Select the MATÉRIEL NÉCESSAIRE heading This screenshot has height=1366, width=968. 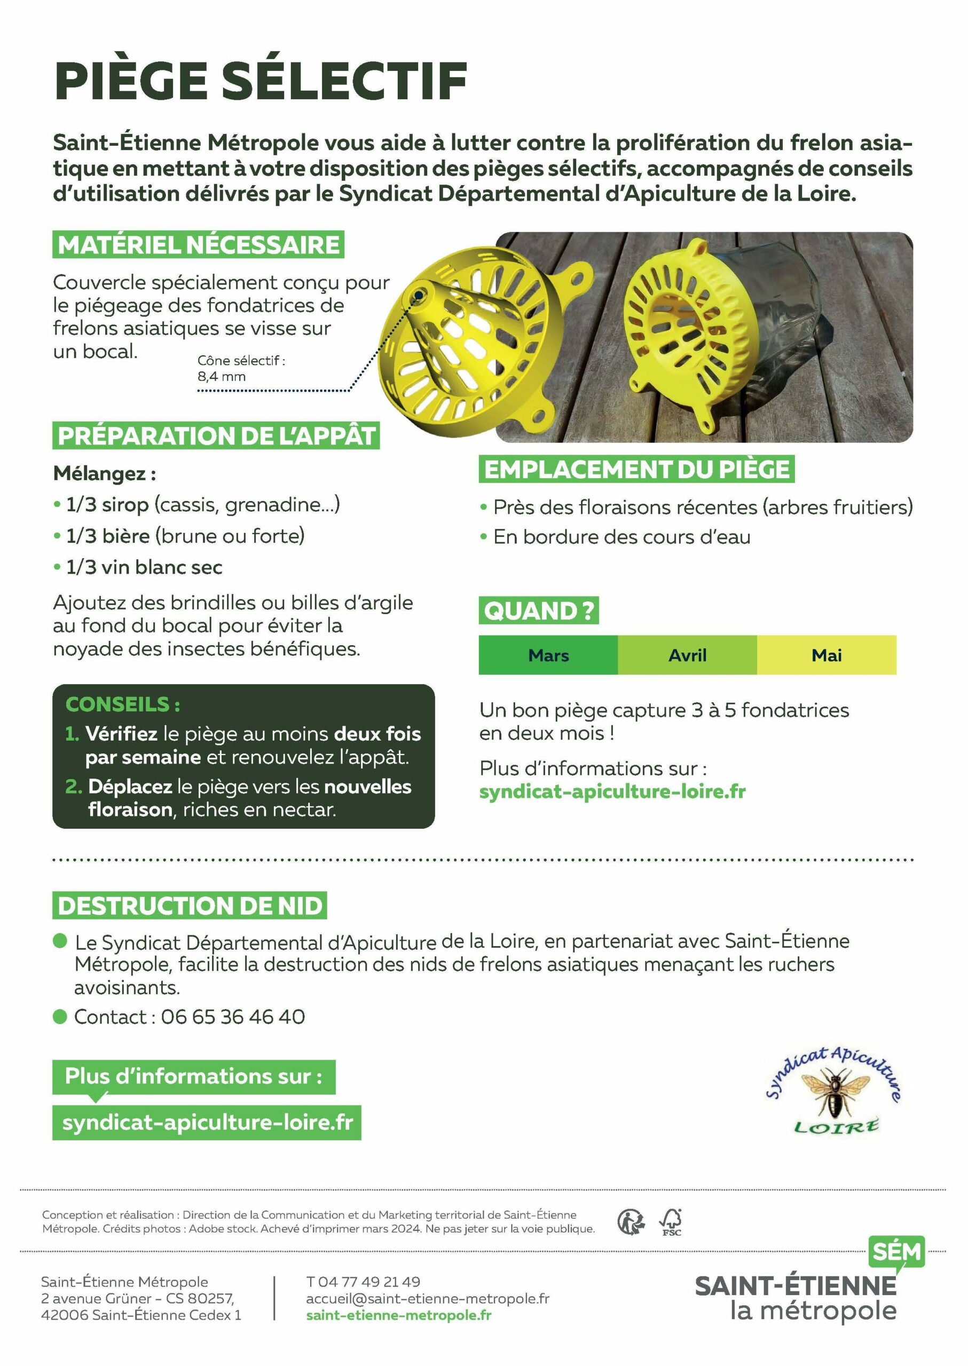click(x=198, y=245)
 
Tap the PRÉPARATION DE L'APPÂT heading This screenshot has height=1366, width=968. click(x=216, y=435)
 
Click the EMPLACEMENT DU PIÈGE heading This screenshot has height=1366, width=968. click(x=636, y=470)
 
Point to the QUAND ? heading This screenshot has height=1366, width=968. click(x=538, y=610)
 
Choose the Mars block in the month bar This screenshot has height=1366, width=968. click(x=548, y=655)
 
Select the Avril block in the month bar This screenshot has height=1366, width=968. click(x=687, y=655)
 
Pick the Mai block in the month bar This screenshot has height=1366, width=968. click(x=826, y=655)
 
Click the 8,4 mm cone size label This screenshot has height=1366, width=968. click(x=222, y=377)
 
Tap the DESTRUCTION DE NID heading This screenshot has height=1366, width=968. click(x=190, y=906)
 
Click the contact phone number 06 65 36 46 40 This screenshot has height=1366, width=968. click(x=232, y=1017)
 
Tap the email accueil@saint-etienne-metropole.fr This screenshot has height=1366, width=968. click(x=427, y=1298)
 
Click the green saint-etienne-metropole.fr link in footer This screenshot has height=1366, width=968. click(x=398, y=1315)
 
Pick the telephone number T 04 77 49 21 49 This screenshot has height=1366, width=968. click(x=363, y=1281)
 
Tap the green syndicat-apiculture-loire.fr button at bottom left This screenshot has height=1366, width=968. click(x=207, y=1122)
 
